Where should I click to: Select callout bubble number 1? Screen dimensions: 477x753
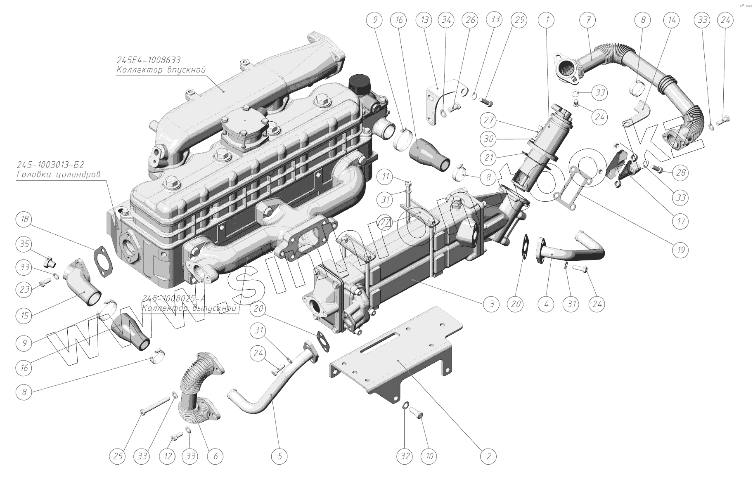pos(547,20)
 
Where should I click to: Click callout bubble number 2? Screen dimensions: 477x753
pos(489,456)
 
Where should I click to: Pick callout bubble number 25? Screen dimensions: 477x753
pos(118,456)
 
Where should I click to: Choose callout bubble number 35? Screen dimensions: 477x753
pos(24,244)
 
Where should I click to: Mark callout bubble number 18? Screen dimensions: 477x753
pos(24,219)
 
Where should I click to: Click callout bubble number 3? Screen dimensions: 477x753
pos(492,305)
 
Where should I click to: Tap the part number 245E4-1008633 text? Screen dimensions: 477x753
pos(149,60)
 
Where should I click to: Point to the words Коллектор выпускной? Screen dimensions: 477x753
pos(189,308)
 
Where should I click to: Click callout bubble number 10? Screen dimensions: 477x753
pos(429,456)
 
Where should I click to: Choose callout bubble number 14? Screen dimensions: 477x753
pos(671,20)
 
